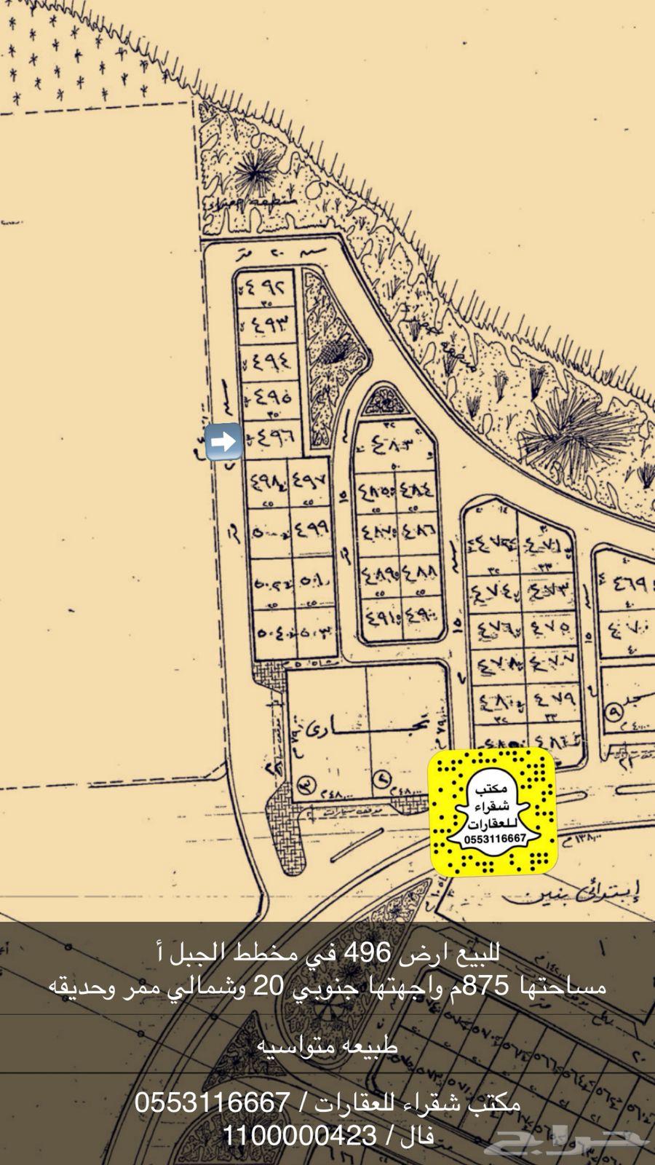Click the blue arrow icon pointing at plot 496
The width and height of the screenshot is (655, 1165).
coord(224,441)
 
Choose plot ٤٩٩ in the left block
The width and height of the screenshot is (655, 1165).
coord(311,528)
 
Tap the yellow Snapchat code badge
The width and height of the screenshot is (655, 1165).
coord(492,812)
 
